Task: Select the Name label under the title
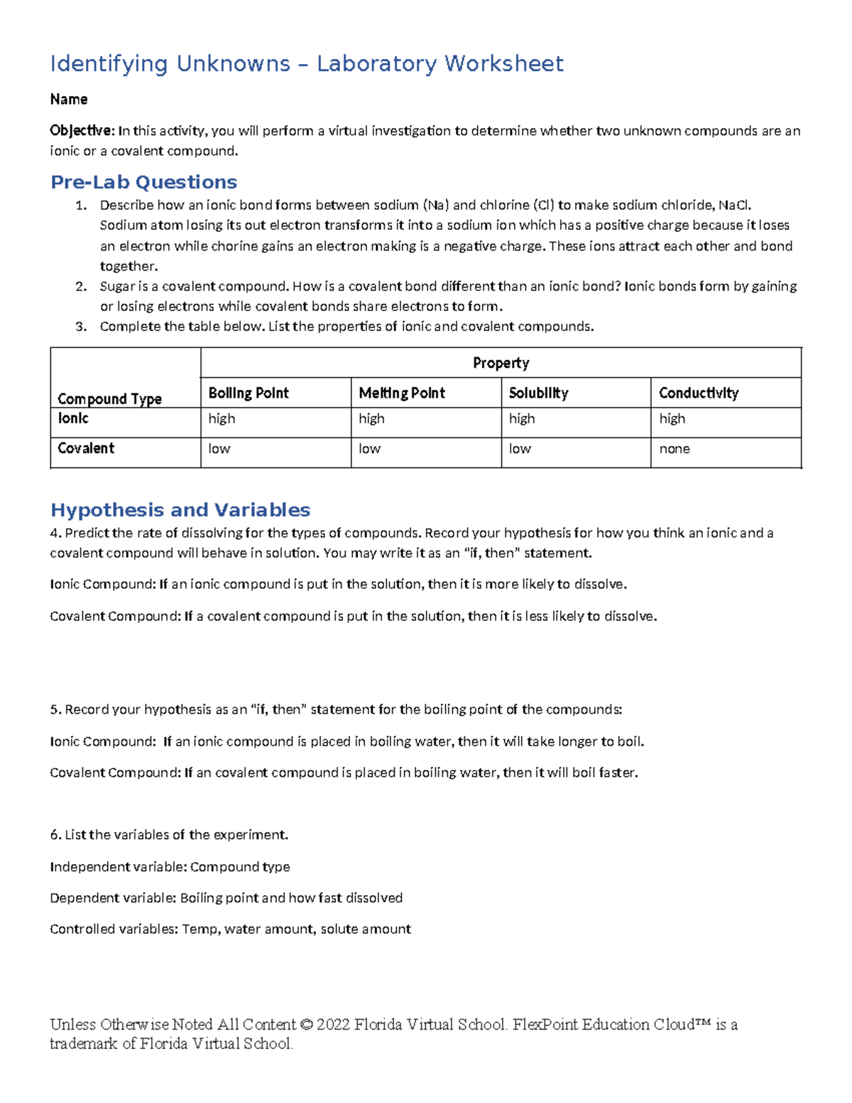(69, 99)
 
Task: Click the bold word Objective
(81, 131)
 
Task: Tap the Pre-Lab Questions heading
(143, 183)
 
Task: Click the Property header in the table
(501, 363)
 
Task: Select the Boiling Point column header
(248, 393)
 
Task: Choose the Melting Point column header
(402, 393)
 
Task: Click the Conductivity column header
(699, 393)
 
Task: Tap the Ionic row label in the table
(73, 418)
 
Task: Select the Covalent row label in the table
(86, 448)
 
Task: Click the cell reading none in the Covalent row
(674, 449)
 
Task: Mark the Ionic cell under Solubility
(522, 419)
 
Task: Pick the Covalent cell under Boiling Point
(219, 449)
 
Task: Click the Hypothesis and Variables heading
(180, 510)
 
